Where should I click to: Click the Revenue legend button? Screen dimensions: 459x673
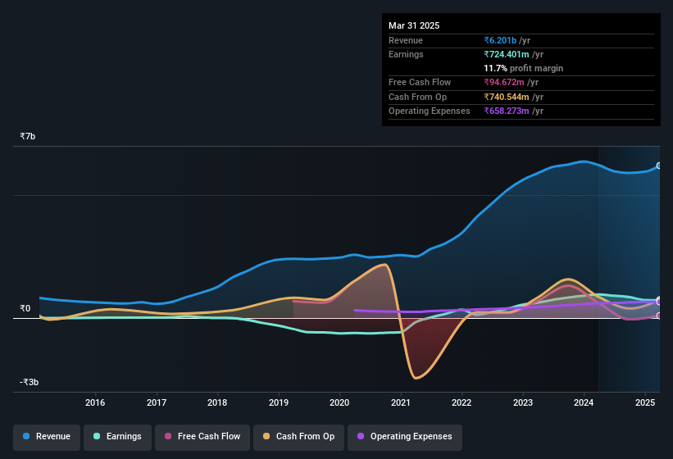tap(48, 437)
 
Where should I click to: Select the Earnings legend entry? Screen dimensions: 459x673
tap(117, 437)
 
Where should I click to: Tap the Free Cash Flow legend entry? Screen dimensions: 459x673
tap(202, 437)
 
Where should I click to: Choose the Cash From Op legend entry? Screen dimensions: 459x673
tap(299, 437)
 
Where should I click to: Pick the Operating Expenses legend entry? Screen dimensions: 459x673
tap(404, 437)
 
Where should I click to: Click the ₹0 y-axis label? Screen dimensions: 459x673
tap(25, 309)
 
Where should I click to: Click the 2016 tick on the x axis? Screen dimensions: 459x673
tap(95, 402)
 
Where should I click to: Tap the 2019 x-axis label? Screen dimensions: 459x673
tap(279, 402)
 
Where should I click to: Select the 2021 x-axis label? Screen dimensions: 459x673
tap(401, 402)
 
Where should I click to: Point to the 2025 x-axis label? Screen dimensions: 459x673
tap(645, 402)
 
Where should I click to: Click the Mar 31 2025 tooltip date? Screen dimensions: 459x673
tap(414, 25)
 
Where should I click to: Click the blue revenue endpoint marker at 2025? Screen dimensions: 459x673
tap(659, 166)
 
